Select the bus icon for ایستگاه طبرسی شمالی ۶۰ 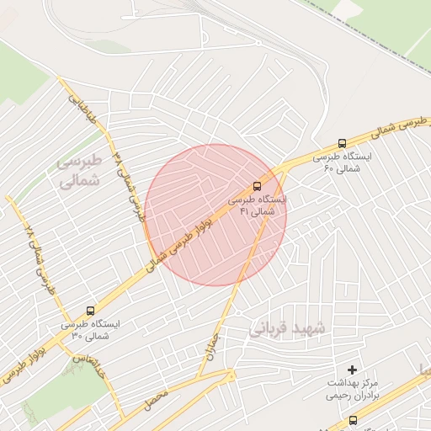tap(342, 144)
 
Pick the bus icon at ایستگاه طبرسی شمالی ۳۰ tap(90, 311)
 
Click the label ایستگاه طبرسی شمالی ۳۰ tap(90, 330)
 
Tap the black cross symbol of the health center tap(352, 370)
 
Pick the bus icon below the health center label tap(352, 420)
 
